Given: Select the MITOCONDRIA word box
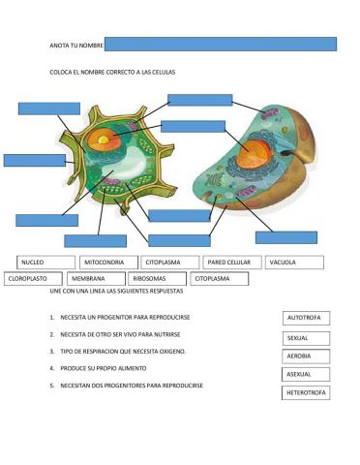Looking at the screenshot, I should (108, 263).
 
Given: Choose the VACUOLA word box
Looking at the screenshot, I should (294, 263).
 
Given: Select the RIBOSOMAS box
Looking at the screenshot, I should (156, 279).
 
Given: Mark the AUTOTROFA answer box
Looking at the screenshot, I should (307, 318).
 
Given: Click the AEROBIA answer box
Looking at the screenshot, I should (306, 356).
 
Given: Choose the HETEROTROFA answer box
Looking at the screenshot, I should (307, 392).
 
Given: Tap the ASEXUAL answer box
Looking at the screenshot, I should (306, 374).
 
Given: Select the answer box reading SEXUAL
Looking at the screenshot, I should (306, 338).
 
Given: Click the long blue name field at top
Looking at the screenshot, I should (220, 44).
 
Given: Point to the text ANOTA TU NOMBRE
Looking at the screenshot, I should (75, 46).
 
